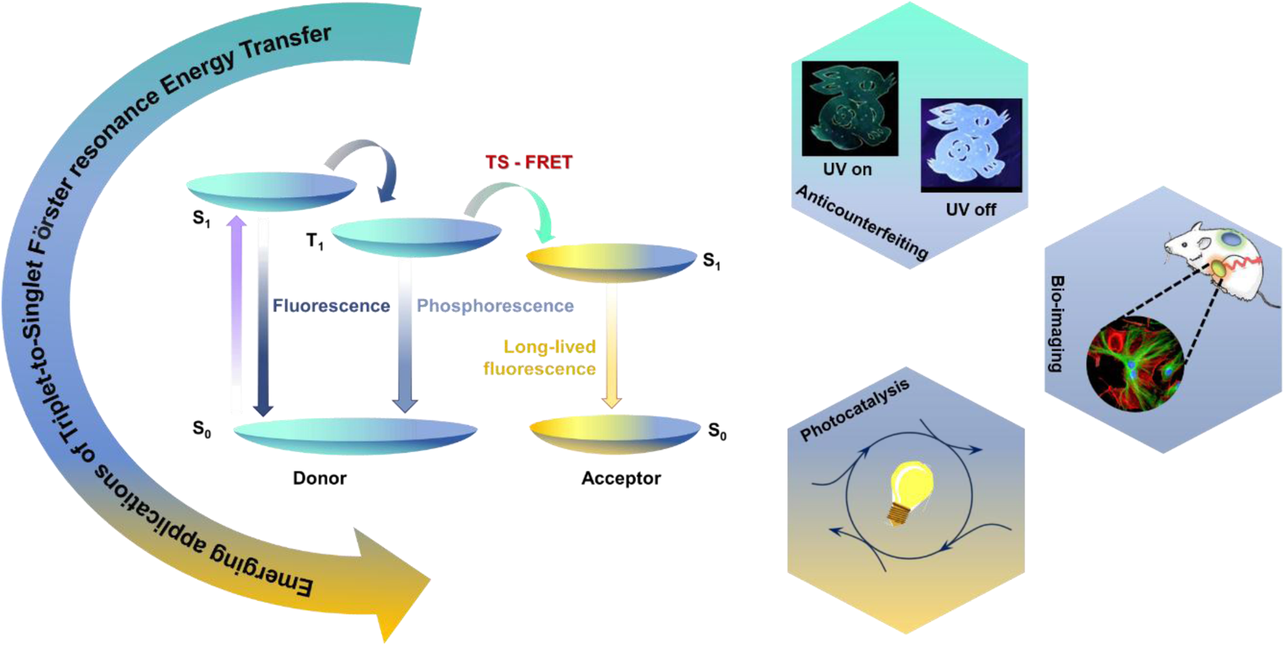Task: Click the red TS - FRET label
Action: (529, 162)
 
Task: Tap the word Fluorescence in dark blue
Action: (331, 306)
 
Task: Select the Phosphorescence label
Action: (495, 306)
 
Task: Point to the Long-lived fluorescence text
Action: (540, 358)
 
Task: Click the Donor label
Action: (319, 478)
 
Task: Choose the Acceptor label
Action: (621, 478)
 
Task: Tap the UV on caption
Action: (847, 169)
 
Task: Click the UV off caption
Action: (970, 209)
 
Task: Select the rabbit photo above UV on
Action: (850, 108)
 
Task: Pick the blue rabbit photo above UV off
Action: (971, 145)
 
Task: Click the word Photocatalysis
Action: (855, 409)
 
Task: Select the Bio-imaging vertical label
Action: (1057, 324)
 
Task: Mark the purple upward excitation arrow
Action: (237, 314)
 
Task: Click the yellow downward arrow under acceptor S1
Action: (611, 346)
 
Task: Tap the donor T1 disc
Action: (416, 237)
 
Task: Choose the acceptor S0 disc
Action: (615, 434)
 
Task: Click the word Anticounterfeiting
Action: (862, 223)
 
